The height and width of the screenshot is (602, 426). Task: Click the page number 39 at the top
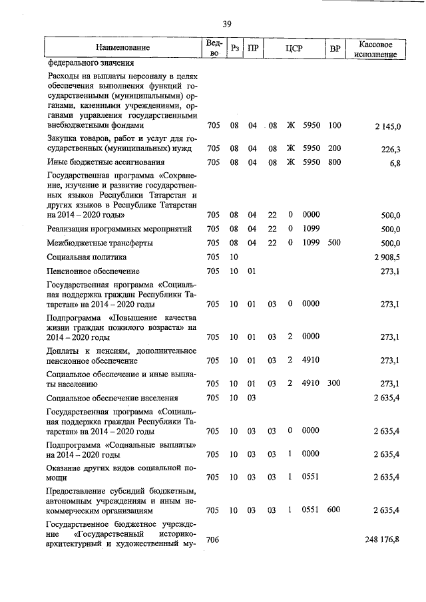(x=226, y=25)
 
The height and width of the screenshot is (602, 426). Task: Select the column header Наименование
(x=122, y=48)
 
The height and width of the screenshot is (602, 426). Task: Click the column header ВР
(x=335, y=48)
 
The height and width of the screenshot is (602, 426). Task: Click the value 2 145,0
(x=387, y=126)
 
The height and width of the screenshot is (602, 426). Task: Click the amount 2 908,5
(x=387, y=257)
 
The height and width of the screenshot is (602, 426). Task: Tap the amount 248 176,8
(x=383, y=537)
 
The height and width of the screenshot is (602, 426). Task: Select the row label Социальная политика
(x=87, y=257)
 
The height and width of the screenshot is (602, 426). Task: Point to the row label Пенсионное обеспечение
(x=93, y=271)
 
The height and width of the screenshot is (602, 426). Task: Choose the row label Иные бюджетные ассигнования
(x=105, y=162)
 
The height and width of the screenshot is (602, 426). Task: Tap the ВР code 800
(x=334, y=162)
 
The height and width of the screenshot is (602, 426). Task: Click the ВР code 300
(x=334, y=383)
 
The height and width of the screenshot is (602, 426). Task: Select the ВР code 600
(x=334, y=510)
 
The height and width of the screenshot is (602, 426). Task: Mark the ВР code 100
(x=334, y=124)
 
